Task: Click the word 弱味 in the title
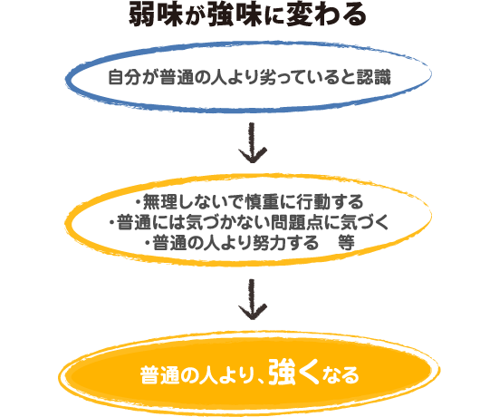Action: pyautogui.click(x=156, y=16)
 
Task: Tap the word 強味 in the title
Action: pyautogui.click(x=235, y=16)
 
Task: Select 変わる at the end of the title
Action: pyautogui.click(x=326, y=16)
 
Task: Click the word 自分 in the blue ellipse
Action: pyautogui.click(x=123, y=77)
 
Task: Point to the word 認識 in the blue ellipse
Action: pyautogui.click(x=374, y=77)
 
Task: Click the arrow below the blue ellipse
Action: pyautogui.click(x=253, y=142)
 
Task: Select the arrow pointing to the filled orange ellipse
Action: pyautogui.click(x=253, y=299)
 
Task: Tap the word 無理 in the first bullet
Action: pyautogui.click(x=159, y=201)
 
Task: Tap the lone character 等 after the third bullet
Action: pyautogui.click(x=346, y=243)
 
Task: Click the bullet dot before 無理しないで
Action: pyautogui.click(x=138, y=201)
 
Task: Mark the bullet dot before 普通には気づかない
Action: pyautogui.click(x=111, y=223)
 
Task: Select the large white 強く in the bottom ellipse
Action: pyautogui.click(x=293, y=373)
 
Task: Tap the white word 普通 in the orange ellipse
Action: pyautogui.click(x=158, y=375)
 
